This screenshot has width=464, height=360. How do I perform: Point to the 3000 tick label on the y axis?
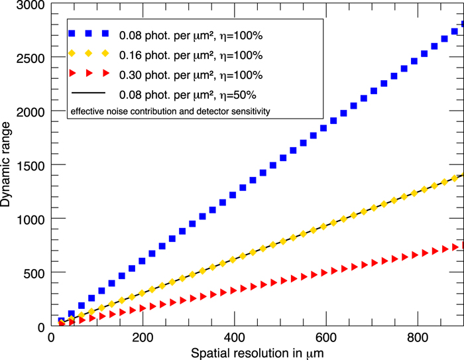click(30, 6)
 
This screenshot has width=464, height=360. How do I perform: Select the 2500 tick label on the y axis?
click(30, 58)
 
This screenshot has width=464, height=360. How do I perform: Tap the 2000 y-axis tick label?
click(30, 111)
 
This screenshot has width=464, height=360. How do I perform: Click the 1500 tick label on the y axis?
click(30, 165)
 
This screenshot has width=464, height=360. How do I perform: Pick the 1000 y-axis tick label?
click(30, 219)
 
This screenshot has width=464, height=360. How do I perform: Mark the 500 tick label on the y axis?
click(34, 272)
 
